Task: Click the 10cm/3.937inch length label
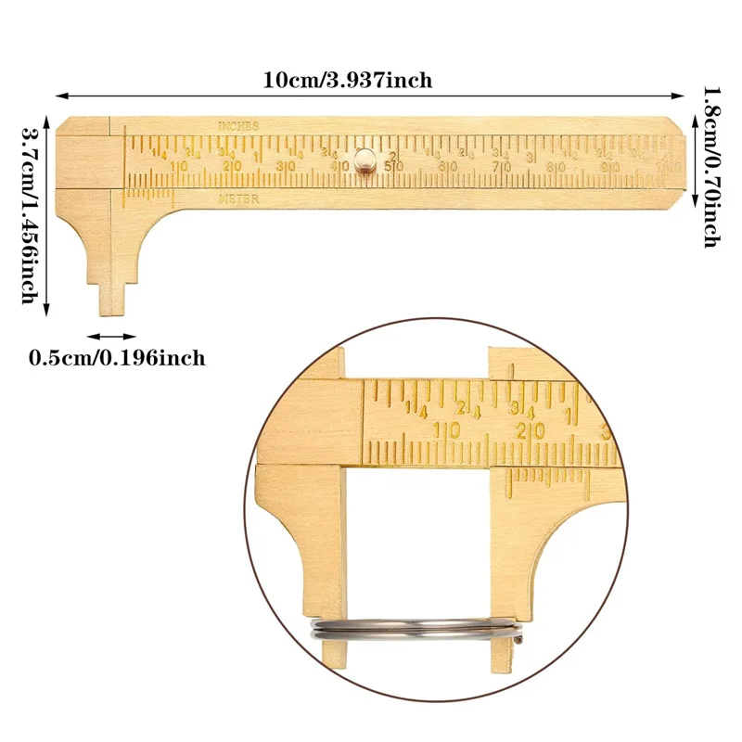[x=347, y=80]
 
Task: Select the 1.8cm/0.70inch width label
[x=710, y=167]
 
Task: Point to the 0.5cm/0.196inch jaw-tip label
[x=117, y=357]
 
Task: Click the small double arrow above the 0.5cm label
[x=111, y=337]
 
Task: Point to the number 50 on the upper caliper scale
[x=394, y=167]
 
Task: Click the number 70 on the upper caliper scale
[x=502, y=168]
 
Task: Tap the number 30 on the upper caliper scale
[x=286, y=167]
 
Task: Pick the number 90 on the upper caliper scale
[x=609, y=168]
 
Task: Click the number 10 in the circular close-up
[x=449, y=430]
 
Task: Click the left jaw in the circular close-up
[x=301, y=538]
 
